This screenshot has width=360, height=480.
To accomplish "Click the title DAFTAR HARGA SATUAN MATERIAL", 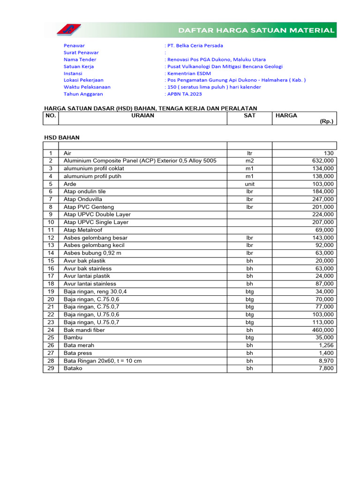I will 256,30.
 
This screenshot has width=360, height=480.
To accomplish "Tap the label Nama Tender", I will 80,60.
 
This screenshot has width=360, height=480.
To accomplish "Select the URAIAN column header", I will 142,115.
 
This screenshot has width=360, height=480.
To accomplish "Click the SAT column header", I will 249,115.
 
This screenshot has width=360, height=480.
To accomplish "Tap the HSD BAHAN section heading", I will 62,138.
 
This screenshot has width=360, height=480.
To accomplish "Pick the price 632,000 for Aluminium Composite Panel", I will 323,161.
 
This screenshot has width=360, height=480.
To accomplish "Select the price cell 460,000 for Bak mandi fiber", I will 323,330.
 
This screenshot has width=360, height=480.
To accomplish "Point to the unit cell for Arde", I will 249,184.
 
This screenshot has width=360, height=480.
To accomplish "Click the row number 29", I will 51,368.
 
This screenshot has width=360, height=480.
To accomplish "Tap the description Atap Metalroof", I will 83,230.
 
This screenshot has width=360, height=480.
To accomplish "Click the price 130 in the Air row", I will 329,153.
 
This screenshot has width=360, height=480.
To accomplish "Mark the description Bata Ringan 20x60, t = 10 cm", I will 103,361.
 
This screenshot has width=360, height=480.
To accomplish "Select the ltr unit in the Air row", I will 249,153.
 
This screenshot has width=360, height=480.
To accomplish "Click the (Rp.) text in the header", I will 326,121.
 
